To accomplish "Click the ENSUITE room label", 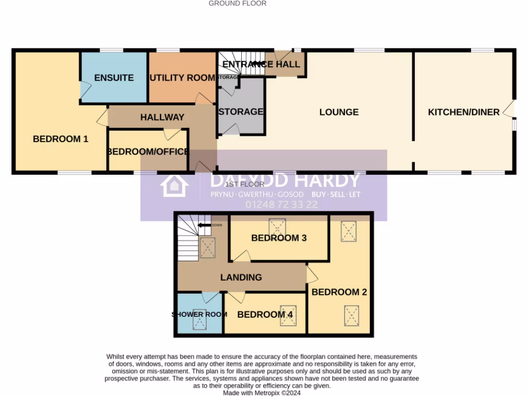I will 114,78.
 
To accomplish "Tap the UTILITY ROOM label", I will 182,78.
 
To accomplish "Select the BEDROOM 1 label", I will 60,139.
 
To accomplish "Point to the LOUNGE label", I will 338,112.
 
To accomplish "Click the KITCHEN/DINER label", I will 463,112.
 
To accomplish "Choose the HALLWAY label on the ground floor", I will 162,117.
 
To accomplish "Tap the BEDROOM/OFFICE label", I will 148,152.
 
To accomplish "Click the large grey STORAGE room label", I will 241,112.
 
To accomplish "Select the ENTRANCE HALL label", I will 261,65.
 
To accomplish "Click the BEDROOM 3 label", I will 278,238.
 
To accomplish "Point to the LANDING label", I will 241,278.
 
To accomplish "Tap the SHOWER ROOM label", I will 199,315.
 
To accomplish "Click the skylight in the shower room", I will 199,323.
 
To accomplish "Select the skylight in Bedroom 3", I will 277,226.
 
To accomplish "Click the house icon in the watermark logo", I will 172,186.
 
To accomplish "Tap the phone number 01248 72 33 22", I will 282,205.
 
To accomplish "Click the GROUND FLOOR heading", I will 237,3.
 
